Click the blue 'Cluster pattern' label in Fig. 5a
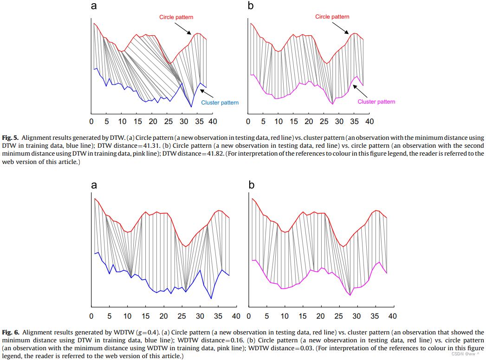point(220,103)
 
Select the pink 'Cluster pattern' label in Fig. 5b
point(376,102)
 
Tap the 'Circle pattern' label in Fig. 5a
point(176,17)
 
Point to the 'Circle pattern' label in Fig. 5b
point(332,17)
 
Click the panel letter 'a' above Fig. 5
point(94,6)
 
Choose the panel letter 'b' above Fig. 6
point(252,184)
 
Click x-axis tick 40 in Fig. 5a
point(212,122)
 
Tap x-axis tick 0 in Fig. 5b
point(248,122)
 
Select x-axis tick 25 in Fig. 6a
point(181,316)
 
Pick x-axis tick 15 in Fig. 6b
point(303,316)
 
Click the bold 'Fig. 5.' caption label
point(10,138)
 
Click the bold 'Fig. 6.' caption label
point(10,333)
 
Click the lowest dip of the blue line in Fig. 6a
point(211,298)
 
